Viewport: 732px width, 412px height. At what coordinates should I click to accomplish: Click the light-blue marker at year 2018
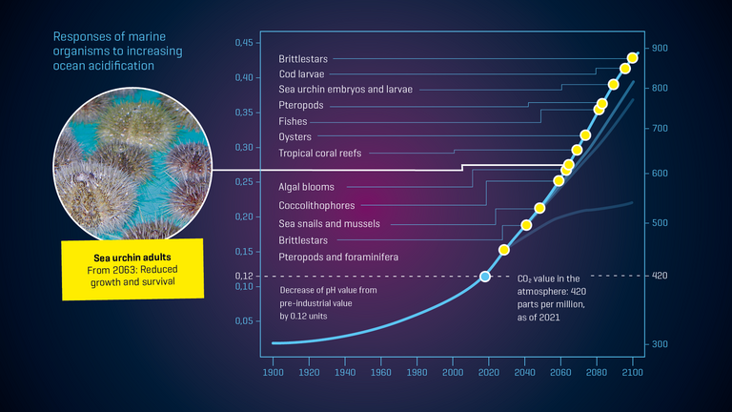(x=485, y=276)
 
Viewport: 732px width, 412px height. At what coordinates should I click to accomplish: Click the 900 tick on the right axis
(x=660, y=48)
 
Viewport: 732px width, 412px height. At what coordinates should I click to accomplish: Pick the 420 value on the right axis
(x=660, y=276)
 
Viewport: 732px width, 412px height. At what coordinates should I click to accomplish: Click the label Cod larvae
(x=301, y=73)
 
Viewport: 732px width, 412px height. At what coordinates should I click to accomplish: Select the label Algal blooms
(x=306, y=187)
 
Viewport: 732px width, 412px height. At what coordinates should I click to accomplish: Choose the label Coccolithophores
(x=316, y=205)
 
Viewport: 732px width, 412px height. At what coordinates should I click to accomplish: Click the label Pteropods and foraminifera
(x=338, y=257)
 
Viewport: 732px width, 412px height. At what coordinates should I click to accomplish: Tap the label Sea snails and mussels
(x=329, y=223)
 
